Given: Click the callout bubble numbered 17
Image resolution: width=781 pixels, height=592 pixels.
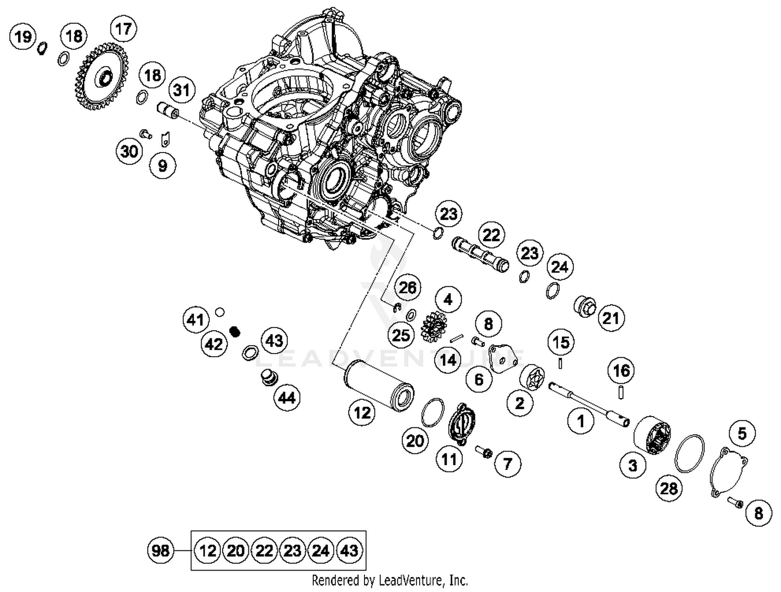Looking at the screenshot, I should point(123,29).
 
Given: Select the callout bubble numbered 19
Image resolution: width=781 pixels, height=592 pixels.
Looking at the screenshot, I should point(23,37).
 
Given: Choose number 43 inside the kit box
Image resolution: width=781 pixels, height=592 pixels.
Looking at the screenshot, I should point(349,550).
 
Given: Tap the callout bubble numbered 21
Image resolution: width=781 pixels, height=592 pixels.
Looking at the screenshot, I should point(611,318).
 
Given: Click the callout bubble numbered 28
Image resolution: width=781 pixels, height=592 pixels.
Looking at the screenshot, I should point(669,488).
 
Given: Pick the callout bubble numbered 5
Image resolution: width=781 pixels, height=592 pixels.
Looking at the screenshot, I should point(741,433).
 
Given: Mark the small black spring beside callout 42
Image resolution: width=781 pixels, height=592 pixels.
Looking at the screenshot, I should point(235,331).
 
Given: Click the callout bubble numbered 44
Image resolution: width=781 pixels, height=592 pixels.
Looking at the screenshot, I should point(287,398).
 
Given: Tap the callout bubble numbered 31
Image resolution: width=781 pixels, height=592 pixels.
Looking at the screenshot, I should point(181,90).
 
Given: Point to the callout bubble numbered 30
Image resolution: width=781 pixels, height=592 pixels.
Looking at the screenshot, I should point(129,152).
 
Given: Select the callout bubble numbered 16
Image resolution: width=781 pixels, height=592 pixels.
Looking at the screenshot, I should point(621,371).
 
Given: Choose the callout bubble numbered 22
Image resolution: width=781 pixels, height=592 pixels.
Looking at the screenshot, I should point(491,235).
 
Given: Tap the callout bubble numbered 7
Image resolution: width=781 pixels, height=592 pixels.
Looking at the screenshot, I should point(508,463).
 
